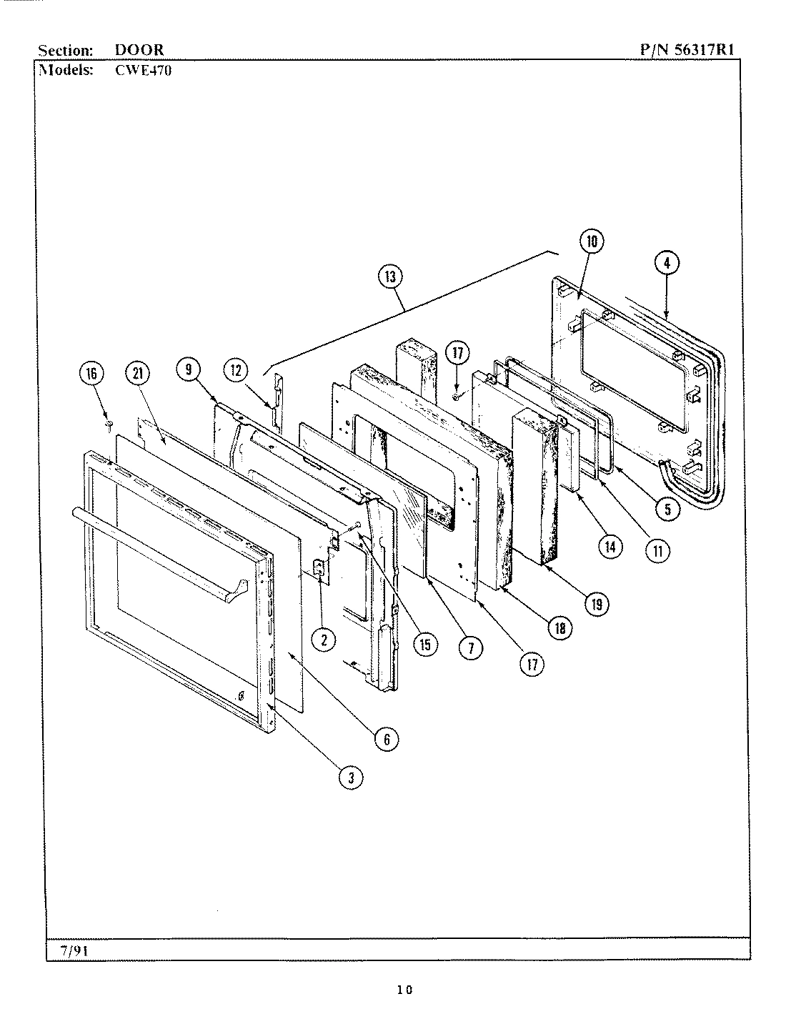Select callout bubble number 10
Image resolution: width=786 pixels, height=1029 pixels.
tap(592, 242)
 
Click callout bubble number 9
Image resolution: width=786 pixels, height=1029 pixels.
tap(188, 370)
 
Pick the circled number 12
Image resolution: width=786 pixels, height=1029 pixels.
tap(236, 370)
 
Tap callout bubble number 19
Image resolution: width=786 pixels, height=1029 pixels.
tap(596, 604)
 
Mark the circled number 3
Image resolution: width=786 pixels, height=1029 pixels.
tap(350, 778)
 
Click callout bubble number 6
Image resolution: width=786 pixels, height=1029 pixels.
tap(387, 740)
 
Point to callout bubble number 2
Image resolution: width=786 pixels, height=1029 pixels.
tap(324, 640)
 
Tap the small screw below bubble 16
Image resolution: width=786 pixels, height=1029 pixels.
tap(109, 426)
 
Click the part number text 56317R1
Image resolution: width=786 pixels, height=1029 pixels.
tap(705, 49)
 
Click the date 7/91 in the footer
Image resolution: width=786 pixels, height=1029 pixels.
tap(70, 950)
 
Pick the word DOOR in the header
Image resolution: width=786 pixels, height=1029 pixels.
tap(139, 50)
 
